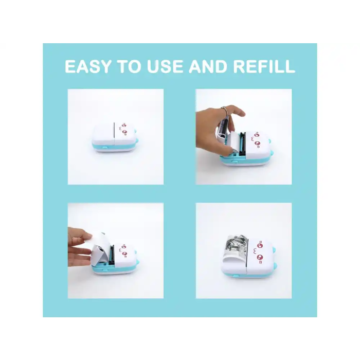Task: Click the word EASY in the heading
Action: tap(89, 67)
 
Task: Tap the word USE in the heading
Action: tap(161, 67)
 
